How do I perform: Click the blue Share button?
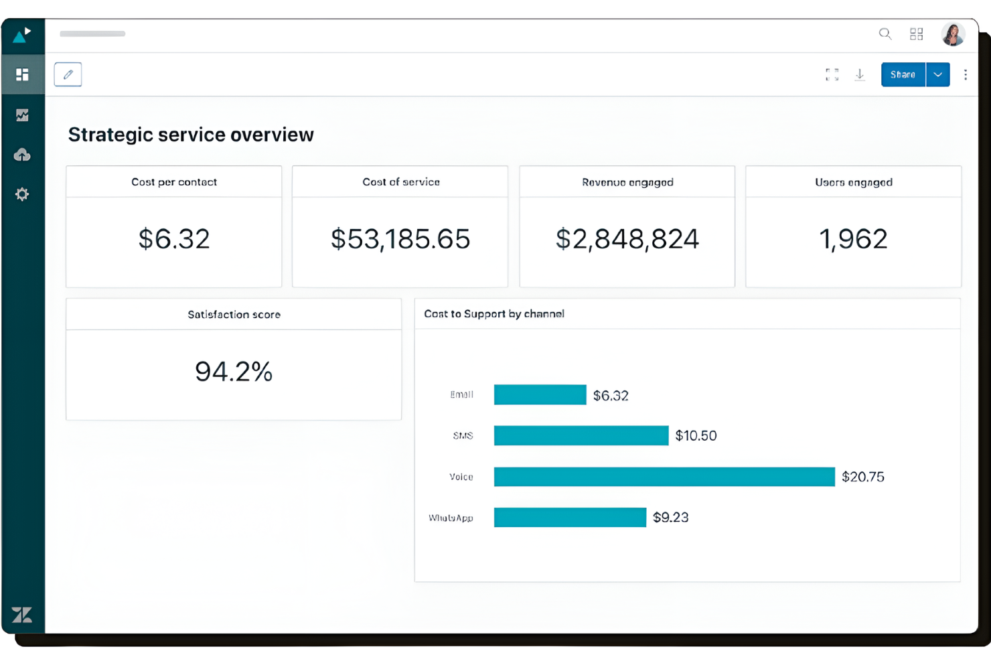tap(903, 74)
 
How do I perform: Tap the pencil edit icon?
tap(68, 74)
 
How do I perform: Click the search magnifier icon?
tap(885, 33)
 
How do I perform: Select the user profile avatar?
tap(952, 33)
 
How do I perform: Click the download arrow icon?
tap(860, 74)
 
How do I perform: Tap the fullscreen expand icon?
tap(832, 74)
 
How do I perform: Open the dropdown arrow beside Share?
tap(938, 74)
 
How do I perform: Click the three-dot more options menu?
tap(965, 74)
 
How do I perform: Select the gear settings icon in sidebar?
tap(22, 194)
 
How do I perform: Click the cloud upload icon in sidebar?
tap(22, 155)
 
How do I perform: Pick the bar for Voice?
tap(664, 477)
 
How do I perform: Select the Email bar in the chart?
tap(540, 394)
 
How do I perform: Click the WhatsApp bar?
tap(570, 517)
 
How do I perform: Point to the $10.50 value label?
tap(696, 436)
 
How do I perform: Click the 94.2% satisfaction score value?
tap(234, 372)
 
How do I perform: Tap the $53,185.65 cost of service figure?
tap(400, 239)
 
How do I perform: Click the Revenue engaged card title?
tap(627, 182)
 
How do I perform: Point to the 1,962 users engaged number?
tap(853, 239)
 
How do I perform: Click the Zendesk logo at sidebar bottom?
tap(22, 615)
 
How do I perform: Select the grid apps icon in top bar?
tap(916, 33)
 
